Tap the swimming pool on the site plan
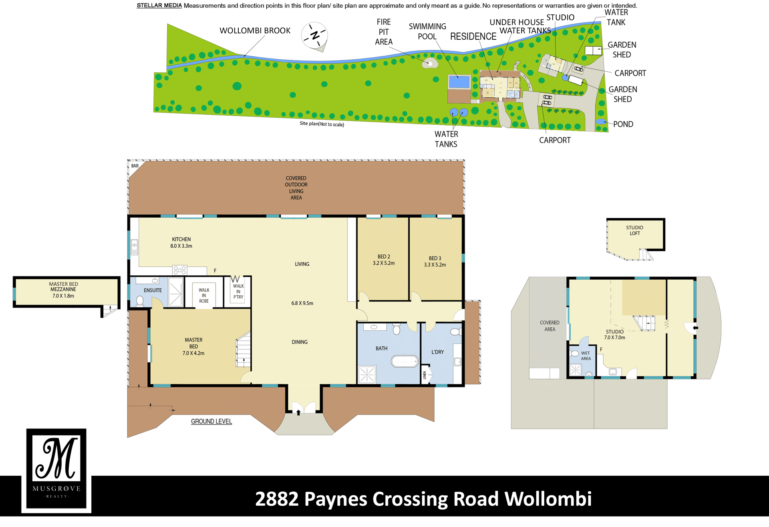tap(459, 82)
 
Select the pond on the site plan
tap(601, 121)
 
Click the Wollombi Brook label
tap(255, 31)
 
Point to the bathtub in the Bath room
tap(405, 361)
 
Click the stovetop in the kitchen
tap(179, 270)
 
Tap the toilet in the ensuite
tap(140, 301)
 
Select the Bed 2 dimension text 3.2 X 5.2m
tap(384, 263)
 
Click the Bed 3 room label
tap(435, 258)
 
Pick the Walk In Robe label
tap(204, 295)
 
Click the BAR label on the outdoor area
tap(135, 166)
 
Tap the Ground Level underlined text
tap(211, 422)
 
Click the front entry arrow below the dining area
tap(298, 412)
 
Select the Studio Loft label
tap(635, 230)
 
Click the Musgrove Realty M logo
tap(56, 469)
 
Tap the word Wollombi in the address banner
tap(548, 499)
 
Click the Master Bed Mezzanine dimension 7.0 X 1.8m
tap(63, 296)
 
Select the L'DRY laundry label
tap(437, 352)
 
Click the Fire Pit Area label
tap(384, 32)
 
